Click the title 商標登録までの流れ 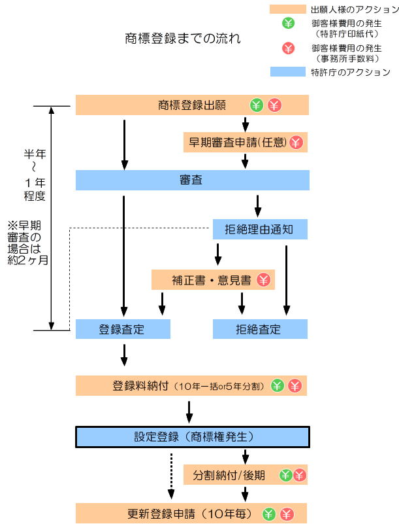183,39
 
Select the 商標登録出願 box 192,105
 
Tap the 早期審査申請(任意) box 245,141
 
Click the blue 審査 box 192,180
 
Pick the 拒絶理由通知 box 260,230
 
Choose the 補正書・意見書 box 213,280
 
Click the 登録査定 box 123,329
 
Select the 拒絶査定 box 260,329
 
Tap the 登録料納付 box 192,385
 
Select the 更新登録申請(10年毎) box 192,514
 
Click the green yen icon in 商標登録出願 257,105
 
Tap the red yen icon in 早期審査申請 296,141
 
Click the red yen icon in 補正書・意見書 263,280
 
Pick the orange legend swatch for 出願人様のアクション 287,9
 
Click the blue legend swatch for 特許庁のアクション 287,72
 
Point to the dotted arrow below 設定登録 172,475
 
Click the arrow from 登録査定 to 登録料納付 123,354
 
